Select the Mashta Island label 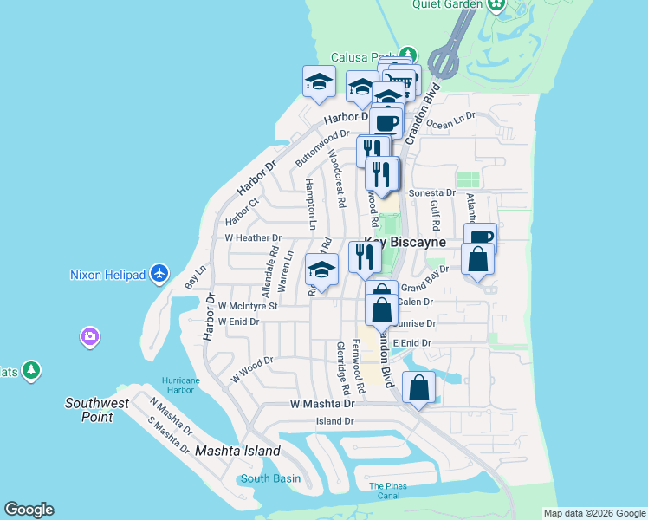tap(237, 451)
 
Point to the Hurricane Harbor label tap(180, 385)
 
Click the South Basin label tap(270, 478)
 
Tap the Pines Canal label tap(387, 491)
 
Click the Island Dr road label tap(334, 421)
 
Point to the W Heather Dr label tap(253, 237)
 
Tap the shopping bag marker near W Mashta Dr tap(418, 389)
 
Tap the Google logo tap(29, 510)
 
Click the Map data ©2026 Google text tap(594, 513)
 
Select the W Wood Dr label tap(252, 370)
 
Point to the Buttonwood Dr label tap(321, 148)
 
